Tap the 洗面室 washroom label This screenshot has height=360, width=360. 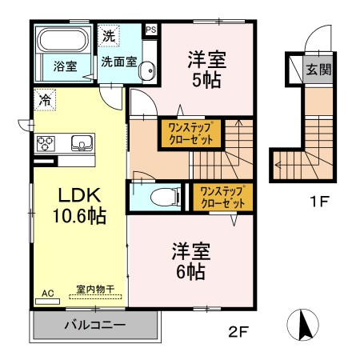[118, 61]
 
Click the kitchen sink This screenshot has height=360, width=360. [81, 143]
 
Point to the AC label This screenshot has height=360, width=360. [48, 294]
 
